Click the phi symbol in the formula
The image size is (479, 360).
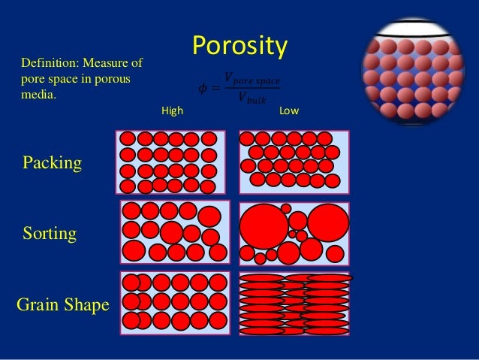[x=202, y=89]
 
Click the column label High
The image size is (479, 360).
[x=173, y=111]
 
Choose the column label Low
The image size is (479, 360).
[x=289, y=111]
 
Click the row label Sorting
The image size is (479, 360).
[x=50, y=233]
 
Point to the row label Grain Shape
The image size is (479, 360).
[x=62, y=304]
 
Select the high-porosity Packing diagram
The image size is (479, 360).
[x=170, y=162]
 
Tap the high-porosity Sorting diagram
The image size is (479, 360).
[x=173, y=232]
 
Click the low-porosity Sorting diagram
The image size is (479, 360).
[x=294, y=232]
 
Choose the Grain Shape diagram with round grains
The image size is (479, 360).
[x=175, y=302]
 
